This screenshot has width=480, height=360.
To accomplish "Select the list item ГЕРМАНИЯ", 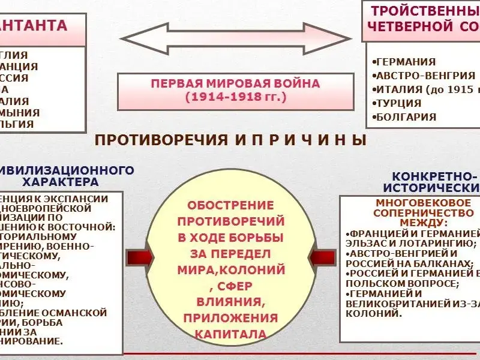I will (404, 62).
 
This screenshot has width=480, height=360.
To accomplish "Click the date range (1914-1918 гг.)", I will (236, 96).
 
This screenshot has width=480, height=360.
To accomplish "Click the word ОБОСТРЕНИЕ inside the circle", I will (231, 205).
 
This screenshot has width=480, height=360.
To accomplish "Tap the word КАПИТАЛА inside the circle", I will (231, 333).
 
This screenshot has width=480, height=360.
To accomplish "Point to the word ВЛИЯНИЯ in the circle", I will (231, 301).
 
